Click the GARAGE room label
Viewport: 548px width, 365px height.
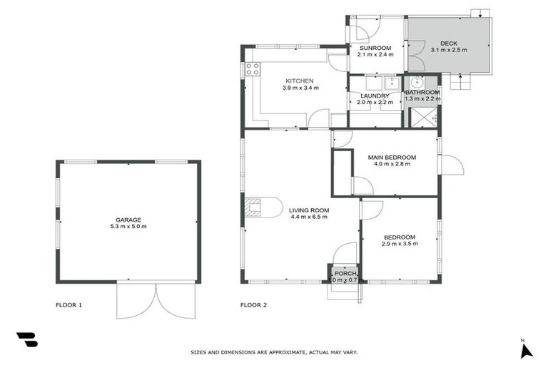(128, 220)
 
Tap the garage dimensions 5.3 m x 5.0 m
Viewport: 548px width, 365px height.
(128, 227)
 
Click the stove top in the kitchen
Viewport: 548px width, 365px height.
(252, 69)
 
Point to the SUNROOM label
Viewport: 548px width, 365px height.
(375, 48)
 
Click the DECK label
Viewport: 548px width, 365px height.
(449, 43)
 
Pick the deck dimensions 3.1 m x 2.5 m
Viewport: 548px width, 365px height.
(449, 51)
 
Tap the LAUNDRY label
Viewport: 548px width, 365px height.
(375, 96)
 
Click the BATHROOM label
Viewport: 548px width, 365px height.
(422, 93)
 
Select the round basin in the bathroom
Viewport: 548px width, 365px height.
(417, 81)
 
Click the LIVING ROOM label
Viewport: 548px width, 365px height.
(308, 210)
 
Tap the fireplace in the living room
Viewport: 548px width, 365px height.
(252, 207)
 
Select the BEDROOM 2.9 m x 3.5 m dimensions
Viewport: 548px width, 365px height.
(399, 244)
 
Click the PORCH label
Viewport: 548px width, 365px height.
(345, 273)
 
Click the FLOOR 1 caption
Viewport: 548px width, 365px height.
(69, 305)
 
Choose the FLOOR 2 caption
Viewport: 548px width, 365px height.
(253, 305)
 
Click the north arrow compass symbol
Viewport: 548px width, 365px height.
(526, 350)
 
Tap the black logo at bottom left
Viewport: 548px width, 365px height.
(26, 340)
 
